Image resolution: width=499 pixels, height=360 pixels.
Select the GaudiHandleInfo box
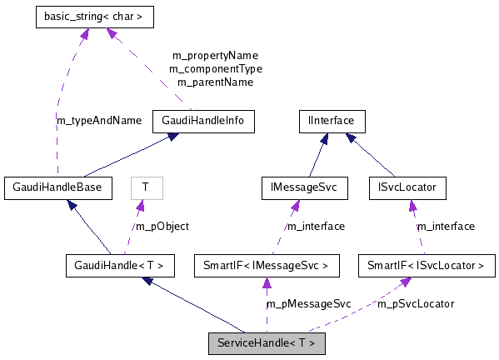pos(203,122)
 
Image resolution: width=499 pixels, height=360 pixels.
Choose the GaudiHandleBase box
pos(57,187)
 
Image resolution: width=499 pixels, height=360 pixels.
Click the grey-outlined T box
pos(146,187)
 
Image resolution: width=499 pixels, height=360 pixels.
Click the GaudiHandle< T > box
pos(120,266)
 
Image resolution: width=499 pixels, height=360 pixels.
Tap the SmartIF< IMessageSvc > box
pos(267,266)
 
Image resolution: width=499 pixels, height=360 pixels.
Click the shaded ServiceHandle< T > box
pos(267,343)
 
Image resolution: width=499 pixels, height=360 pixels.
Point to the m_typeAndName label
pos(98,120)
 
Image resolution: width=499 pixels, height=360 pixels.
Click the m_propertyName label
pos(215,55)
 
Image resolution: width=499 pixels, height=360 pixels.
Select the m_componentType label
pos(215,68)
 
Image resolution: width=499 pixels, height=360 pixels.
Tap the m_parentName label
pos(215,82)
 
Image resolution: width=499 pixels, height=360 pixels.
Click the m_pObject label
pos(162,226)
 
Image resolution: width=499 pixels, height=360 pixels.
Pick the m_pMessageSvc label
pos(308,304)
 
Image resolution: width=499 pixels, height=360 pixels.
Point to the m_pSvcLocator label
pos(416,304)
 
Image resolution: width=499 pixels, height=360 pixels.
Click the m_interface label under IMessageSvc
pos(315,226)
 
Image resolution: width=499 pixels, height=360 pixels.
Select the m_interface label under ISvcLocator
pos(446,226)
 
